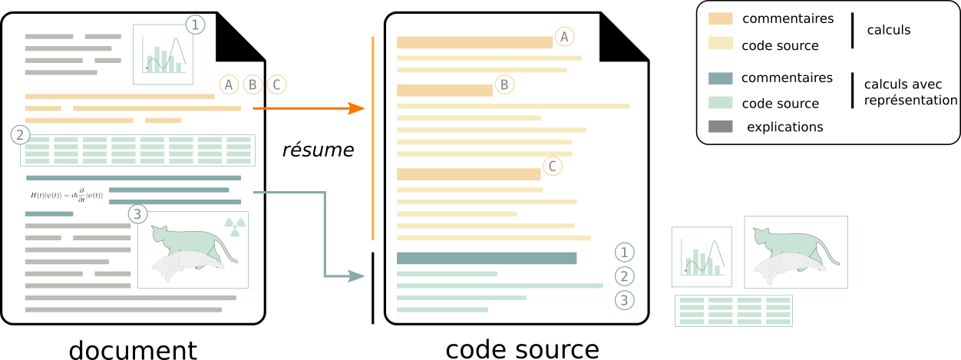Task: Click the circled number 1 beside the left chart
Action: click(x=195, y=25)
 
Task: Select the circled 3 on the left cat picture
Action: click(x=137, y=214)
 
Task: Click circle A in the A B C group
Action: click(x=229, y=84)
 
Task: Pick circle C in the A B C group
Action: click(x=276, y=84)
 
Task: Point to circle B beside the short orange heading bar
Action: click(x=504, y=84)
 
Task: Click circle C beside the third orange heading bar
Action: click(x=552, y=166)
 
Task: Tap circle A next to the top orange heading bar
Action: click(x=564, y=36)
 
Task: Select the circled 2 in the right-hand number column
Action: click(x=625, y=276)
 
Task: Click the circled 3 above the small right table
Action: click(x=625, y=300)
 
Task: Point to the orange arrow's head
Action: click(x=357, y=108)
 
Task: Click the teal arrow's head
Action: click(x=357, y=276)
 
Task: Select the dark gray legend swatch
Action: click(x=720, y=126)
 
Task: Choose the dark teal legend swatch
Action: click(x=720, y=78)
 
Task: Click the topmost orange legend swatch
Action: click(x=720, y=18)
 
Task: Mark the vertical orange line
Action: click(x=373, y=138)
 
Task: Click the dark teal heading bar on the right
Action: click(x=487, y=259)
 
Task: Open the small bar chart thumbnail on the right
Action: click(x=702, y=257)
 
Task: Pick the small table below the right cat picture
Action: click(x=734, y=311)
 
